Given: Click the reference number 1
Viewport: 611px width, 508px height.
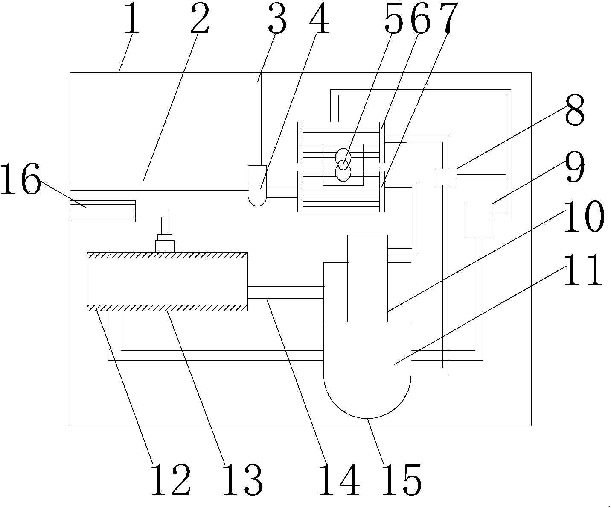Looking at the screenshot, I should tap(132, 19).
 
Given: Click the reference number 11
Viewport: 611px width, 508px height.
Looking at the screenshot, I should tap(583, 270).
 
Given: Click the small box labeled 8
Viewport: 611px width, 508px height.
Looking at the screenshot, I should tap(445, 177).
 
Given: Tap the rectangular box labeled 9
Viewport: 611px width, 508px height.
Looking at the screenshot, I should tap(479, 220).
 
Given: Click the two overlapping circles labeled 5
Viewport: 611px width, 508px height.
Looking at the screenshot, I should tap(343, 165).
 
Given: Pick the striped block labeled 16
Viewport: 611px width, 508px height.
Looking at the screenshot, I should tap(102, 211).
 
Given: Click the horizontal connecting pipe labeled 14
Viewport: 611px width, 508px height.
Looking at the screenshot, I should tap(285, 292).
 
